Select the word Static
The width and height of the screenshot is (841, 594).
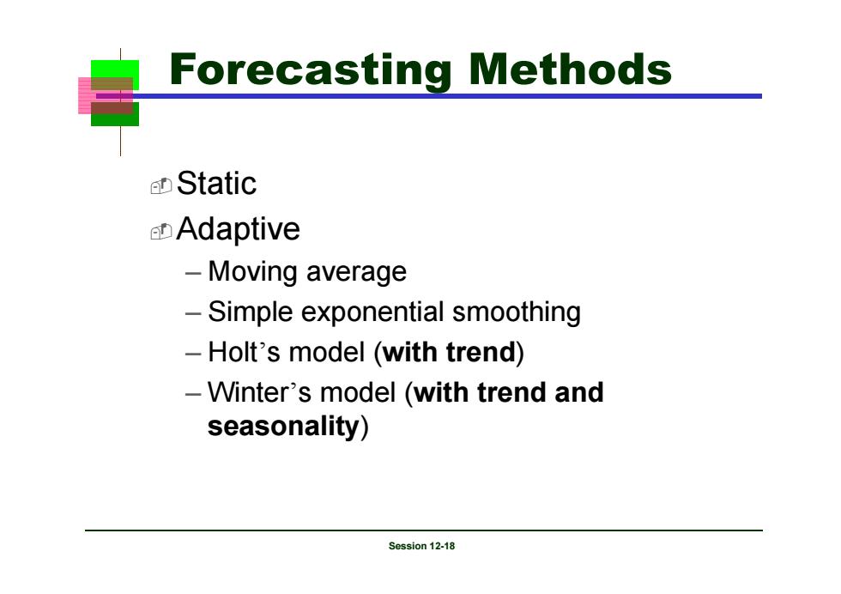click(216, 184)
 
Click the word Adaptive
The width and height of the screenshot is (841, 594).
click(239, 230)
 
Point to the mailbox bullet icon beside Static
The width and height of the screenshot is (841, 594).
click(161, 185)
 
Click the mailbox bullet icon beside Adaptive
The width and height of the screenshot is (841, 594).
click(161, 231)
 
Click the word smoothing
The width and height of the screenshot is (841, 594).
click(517, 312)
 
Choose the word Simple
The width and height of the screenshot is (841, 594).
click(251, 312)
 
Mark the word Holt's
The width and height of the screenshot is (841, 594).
click(244, 353)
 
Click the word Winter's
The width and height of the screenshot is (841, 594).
click(259, 392)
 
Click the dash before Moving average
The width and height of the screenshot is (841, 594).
click(193, 273)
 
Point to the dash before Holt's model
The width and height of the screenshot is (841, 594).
click(193, 354)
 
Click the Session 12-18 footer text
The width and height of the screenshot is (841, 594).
click(421, 546)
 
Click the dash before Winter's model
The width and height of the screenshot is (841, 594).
click(193, 393)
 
